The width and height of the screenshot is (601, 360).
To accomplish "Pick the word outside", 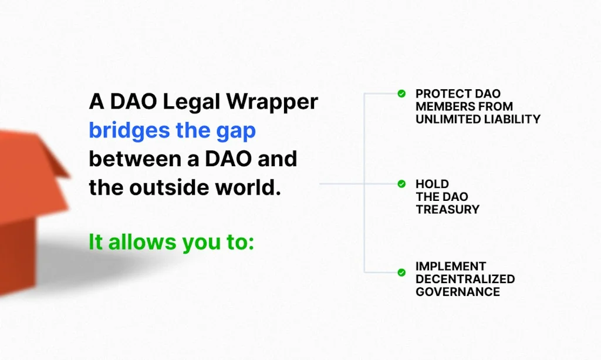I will (176, 187).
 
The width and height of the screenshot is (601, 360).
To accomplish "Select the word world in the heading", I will (248, 187).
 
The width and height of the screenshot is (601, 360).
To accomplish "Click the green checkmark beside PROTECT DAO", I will (401, 93).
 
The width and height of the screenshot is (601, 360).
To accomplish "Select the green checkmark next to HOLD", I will (401, 184).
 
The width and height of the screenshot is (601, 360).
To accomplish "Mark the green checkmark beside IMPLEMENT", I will (401, 272).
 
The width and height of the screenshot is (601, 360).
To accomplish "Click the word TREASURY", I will (448, 209).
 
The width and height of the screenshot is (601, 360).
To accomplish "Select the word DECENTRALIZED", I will (465, 279).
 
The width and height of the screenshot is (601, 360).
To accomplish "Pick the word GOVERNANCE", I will (458, 292).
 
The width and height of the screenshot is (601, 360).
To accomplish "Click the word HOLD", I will (432, 184).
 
